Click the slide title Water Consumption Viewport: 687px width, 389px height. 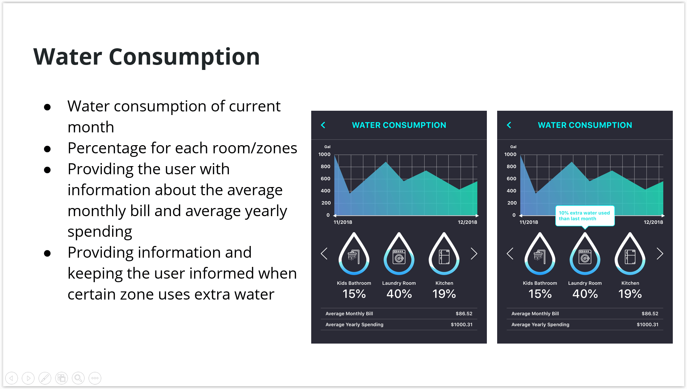[147, 57]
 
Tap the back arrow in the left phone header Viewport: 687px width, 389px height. [323, 125]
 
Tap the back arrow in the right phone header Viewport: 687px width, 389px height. [509, 125]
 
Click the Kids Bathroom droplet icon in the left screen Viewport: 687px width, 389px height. [354, 253]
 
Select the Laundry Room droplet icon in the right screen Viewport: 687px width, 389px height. [585, 253]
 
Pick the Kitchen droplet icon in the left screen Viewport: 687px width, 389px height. [444, 253]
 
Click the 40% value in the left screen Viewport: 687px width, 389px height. [399, 294]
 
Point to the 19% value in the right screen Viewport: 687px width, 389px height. [630, 294]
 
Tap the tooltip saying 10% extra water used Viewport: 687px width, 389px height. [585, 216]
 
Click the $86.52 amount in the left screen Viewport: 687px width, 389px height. [464, 314]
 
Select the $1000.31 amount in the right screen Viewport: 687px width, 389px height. [647, 325]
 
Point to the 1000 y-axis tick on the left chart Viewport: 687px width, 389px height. [324, 154]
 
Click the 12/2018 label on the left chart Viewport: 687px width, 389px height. [467, 222]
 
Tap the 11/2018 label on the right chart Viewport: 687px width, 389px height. [529, 222]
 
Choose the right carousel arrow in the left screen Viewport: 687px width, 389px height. [474, 253]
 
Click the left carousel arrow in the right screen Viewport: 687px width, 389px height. [510, 253]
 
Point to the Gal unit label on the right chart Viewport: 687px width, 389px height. [513, 147]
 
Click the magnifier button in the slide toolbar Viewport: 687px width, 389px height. [78, 378]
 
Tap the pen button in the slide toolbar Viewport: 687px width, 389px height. [45, 378]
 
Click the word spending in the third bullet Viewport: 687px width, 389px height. [100, 232]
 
